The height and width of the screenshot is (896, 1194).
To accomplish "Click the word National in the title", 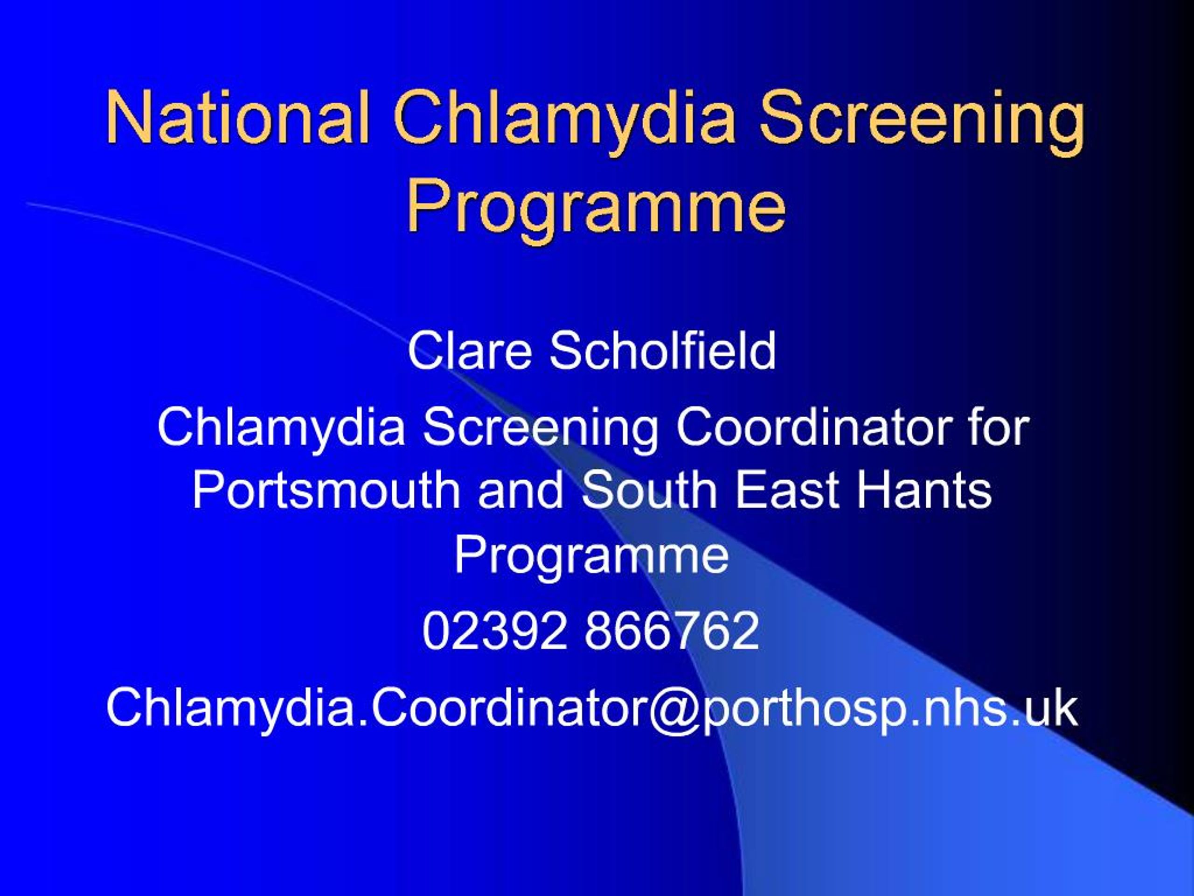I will click(237, 117).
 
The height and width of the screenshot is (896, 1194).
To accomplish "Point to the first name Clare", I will click(470, 351).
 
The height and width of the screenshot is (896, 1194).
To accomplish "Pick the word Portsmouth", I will click(326, 490).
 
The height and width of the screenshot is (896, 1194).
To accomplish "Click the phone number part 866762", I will click(672, 630).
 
